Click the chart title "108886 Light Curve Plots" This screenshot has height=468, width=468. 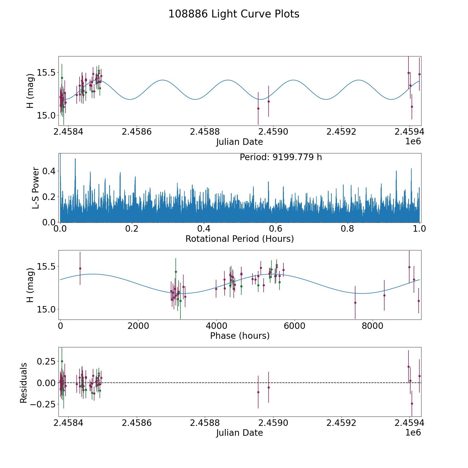[234, 14]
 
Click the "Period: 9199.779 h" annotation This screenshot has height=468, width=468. [281, 157]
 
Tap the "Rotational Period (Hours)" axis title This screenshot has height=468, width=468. [239, 239]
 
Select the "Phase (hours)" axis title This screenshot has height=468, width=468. [240, 336]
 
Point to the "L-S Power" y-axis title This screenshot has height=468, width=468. [36, 188]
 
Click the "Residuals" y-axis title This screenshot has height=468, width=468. [24, 383]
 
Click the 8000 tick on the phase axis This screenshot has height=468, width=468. [373, 326]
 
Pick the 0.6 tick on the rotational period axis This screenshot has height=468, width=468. [276, 229]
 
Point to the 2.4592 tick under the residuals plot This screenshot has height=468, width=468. [341, 423]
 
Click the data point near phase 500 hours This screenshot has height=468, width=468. [80, 268]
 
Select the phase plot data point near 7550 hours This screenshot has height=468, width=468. [355, 303]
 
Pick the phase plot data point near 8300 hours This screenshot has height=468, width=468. [384, 295]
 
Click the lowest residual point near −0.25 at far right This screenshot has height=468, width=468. [412, 404]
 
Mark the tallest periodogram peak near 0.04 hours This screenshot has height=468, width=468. [75, 159]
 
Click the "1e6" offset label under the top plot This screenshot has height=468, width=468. [413, 142]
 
